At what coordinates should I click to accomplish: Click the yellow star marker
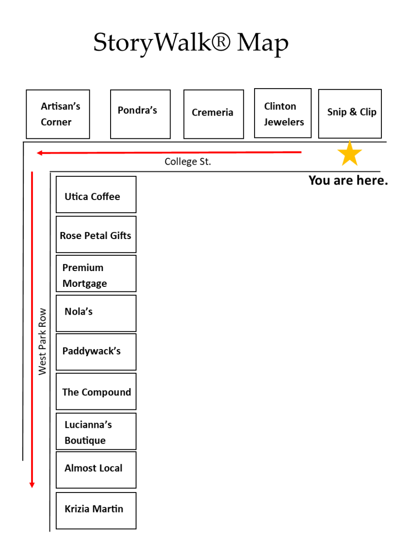349,154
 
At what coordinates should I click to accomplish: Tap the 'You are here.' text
348,180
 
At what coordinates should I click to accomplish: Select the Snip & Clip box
350,114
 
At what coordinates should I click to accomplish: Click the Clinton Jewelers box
282,113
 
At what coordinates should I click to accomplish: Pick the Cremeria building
213,114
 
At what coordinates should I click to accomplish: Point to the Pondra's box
140,114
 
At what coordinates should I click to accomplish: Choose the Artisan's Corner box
58,114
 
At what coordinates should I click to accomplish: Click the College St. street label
188,162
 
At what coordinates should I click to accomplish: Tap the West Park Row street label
43,341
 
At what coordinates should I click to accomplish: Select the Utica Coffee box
96,194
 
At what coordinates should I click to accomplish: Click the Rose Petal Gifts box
96,234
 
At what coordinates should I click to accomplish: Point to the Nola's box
96,313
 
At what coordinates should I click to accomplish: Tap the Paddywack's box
96,352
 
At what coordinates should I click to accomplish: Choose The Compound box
96,391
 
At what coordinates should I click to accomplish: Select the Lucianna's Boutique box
96,431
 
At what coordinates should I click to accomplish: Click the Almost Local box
96,470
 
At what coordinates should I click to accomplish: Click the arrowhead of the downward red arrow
32,485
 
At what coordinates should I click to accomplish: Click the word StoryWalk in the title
162,43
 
